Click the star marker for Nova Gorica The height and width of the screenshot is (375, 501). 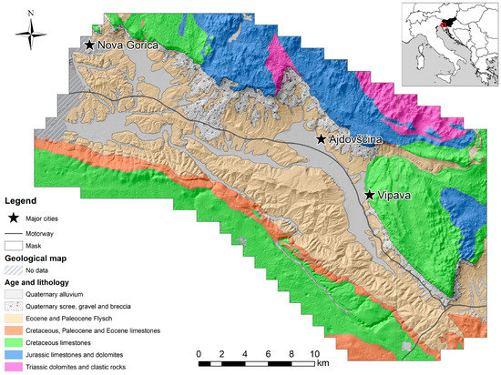[89, 45]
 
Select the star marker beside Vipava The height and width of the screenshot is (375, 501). [369, 195]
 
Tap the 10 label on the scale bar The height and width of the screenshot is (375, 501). [314, 351]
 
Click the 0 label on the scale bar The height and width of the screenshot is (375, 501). [199, 351]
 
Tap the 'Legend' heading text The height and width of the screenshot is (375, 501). [23, 200]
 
